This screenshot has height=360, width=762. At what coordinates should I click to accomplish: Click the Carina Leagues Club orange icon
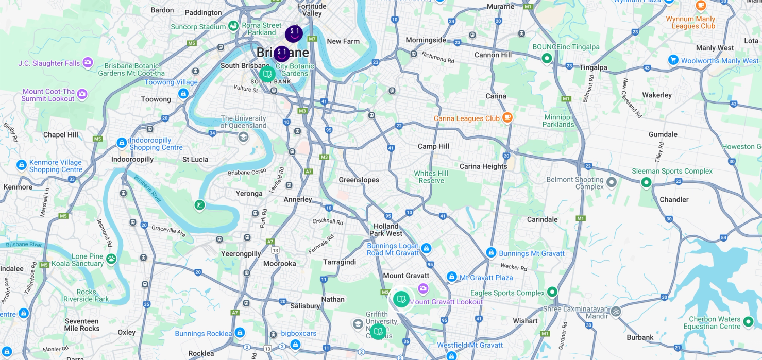point(507,117)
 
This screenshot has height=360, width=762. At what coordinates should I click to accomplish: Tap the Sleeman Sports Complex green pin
point(646,182)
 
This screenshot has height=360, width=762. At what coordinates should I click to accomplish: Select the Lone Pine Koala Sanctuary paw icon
point(111,259)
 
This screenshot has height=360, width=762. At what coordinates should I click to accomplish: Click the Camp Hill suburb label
point(433,146)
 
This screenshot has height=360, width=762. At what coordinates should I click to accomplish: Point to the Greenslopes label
point(359,180)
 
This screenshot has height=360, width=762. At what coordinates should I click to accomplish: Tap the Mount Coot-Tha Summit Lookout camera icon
point(82,94)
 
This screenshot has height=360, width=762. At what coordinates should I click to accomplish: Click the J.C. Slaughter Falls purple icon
point(88,63)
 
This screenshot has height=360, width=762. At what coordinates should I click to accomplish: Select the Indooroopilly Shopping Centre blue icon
point(122,143)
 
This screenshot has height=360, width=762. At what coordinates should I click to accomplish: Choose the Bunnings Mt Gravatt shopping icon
point(491,253)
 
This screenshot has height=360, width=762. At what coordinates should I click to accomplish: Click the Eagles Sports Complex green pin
point(552,292)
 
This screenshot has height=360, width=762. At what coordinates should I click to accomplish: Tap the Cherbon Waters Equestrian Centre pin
point(748,322)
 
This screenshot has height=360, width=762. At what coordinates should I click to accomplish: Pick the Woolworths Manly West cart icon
point(673,60)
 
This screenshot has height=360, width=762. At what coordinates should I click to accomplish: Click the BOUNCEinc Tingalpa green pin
point(547,58)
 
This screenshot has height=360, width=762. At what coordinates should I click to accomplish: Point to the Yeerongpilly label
point(241,253)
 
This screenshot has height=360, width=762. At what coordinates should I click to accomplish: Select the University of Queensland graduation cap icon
point(243,137)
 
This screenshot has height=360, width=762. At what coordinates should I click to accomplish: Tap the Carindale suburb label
point(542,219)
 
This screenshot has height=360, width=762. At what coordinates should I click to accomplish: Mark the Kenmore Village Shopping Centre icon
point(22,165)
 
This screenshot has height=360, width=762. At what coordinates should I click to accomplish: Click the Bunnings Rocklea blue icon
point(240,333)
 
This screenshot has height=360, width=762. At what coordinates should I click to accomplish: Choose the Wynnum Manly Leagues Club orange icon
point(700,6)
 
